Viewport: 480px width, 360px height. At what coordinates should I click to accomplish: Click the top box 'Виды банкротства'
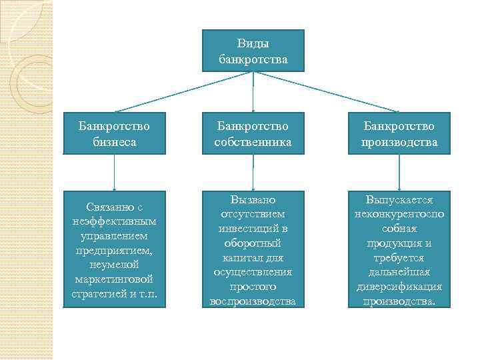(253, 51)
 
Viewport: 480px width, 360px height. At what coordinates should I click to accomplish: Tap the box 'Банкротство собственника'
(253, 134)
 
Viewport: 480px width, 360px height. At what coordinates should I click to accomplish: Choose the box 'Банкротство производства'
(399, 134)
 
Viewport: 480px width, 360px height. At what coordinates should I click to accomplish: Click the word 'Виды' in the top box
(253, 44)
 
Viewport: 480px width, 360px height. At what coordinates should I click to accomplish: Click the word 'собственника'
(253, 142)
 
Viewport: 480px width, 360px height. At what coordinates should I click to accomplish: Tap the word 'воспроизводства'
(253, 301)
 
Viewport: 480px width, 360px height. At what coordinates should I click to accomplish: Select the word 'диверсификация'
(400, 287)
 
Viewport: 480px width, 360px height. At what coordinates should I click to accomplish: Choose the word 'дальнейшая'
(400, 272)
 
